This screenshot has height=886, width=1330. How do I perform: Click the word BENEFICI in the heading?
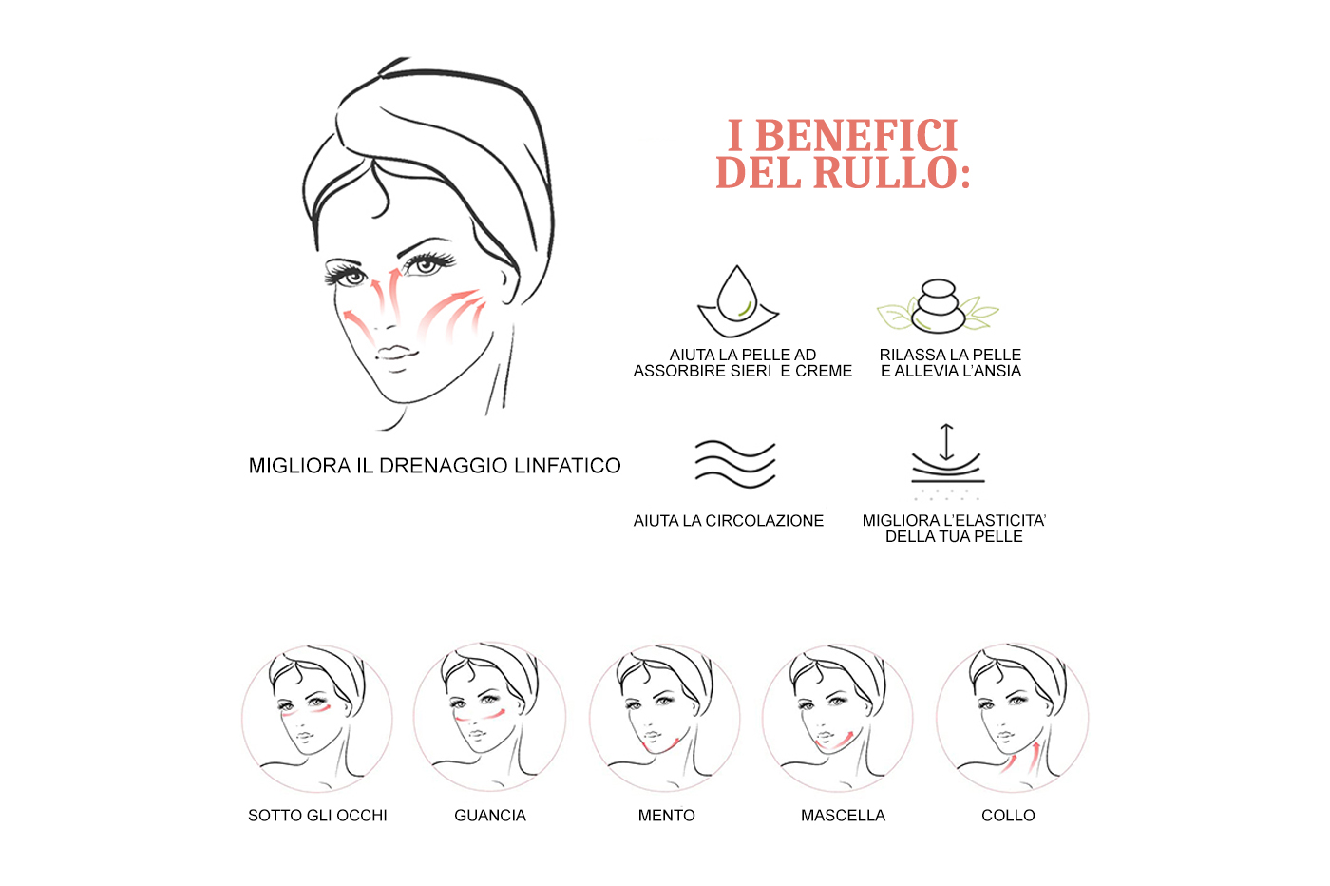click(857, 136)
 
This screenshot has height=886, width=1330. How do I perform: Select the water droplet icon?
click(738, 301)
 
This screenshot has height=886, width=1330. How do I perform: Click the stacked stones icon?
click(939, 305)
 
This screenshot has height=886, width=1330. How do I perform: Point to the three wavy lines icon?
click(735, 464)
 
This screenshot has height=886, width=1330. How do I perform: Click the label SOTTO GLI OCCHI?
click(317, 816)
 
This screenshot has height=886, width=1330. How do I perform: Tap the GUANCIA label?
click(490, 816)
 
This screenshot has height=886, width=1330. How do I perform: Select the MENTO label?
click(666, 816)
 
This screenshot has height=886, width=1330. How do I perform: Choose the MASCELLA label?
click(843, 816)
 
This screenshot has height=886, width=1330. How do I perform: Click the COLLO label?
click(1008, 816)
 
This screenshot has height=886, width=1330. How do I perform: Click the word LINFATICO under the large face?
click(567, 465)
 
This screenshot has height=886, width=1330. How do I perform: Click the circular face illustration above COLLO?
click(1013, 718)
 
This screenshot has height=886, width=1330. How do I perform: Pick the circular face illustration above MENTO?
click(665, 718)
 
